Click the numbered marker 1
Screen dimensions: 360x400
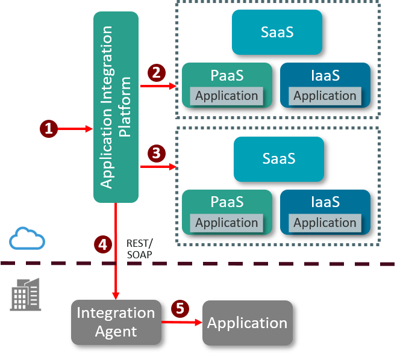[49, 128]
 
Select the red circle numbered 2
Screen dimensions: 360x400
[156, 73]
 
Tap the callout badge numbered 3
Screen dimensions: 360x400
[156, 153]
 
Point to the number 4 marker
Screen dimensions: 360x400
[103, 244]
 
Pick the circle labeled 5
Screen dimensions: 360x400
[180, 309]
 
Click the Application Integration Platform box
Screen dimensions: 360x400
[116, 107]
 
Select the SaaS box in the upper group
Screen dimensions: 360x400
[277, 32]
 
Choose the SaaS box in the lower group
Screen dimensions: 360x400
[279, 159]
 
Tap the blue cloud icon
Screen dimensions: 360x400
[27, 238]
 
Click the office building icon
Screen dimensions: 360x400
[25, 294]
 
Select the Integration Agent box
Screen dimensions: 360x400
[116, 322]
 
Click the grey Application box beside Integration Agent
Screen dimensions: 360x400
[247, 323]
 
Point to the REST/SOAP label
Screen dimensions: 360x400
[140, 249]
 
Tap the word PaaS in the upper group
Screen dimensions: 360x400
[227, 76]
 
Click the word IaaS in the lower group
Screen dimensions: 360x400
[325, 202]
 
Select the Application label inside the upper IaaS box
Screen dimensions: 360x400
[325, 96]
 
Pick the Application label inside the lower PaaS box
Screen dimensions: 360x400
[227, 222]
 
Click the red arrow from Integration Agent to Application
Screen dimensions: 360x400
[181, 323]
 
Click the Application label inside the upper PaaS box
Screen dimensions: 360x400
[227, 96]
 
